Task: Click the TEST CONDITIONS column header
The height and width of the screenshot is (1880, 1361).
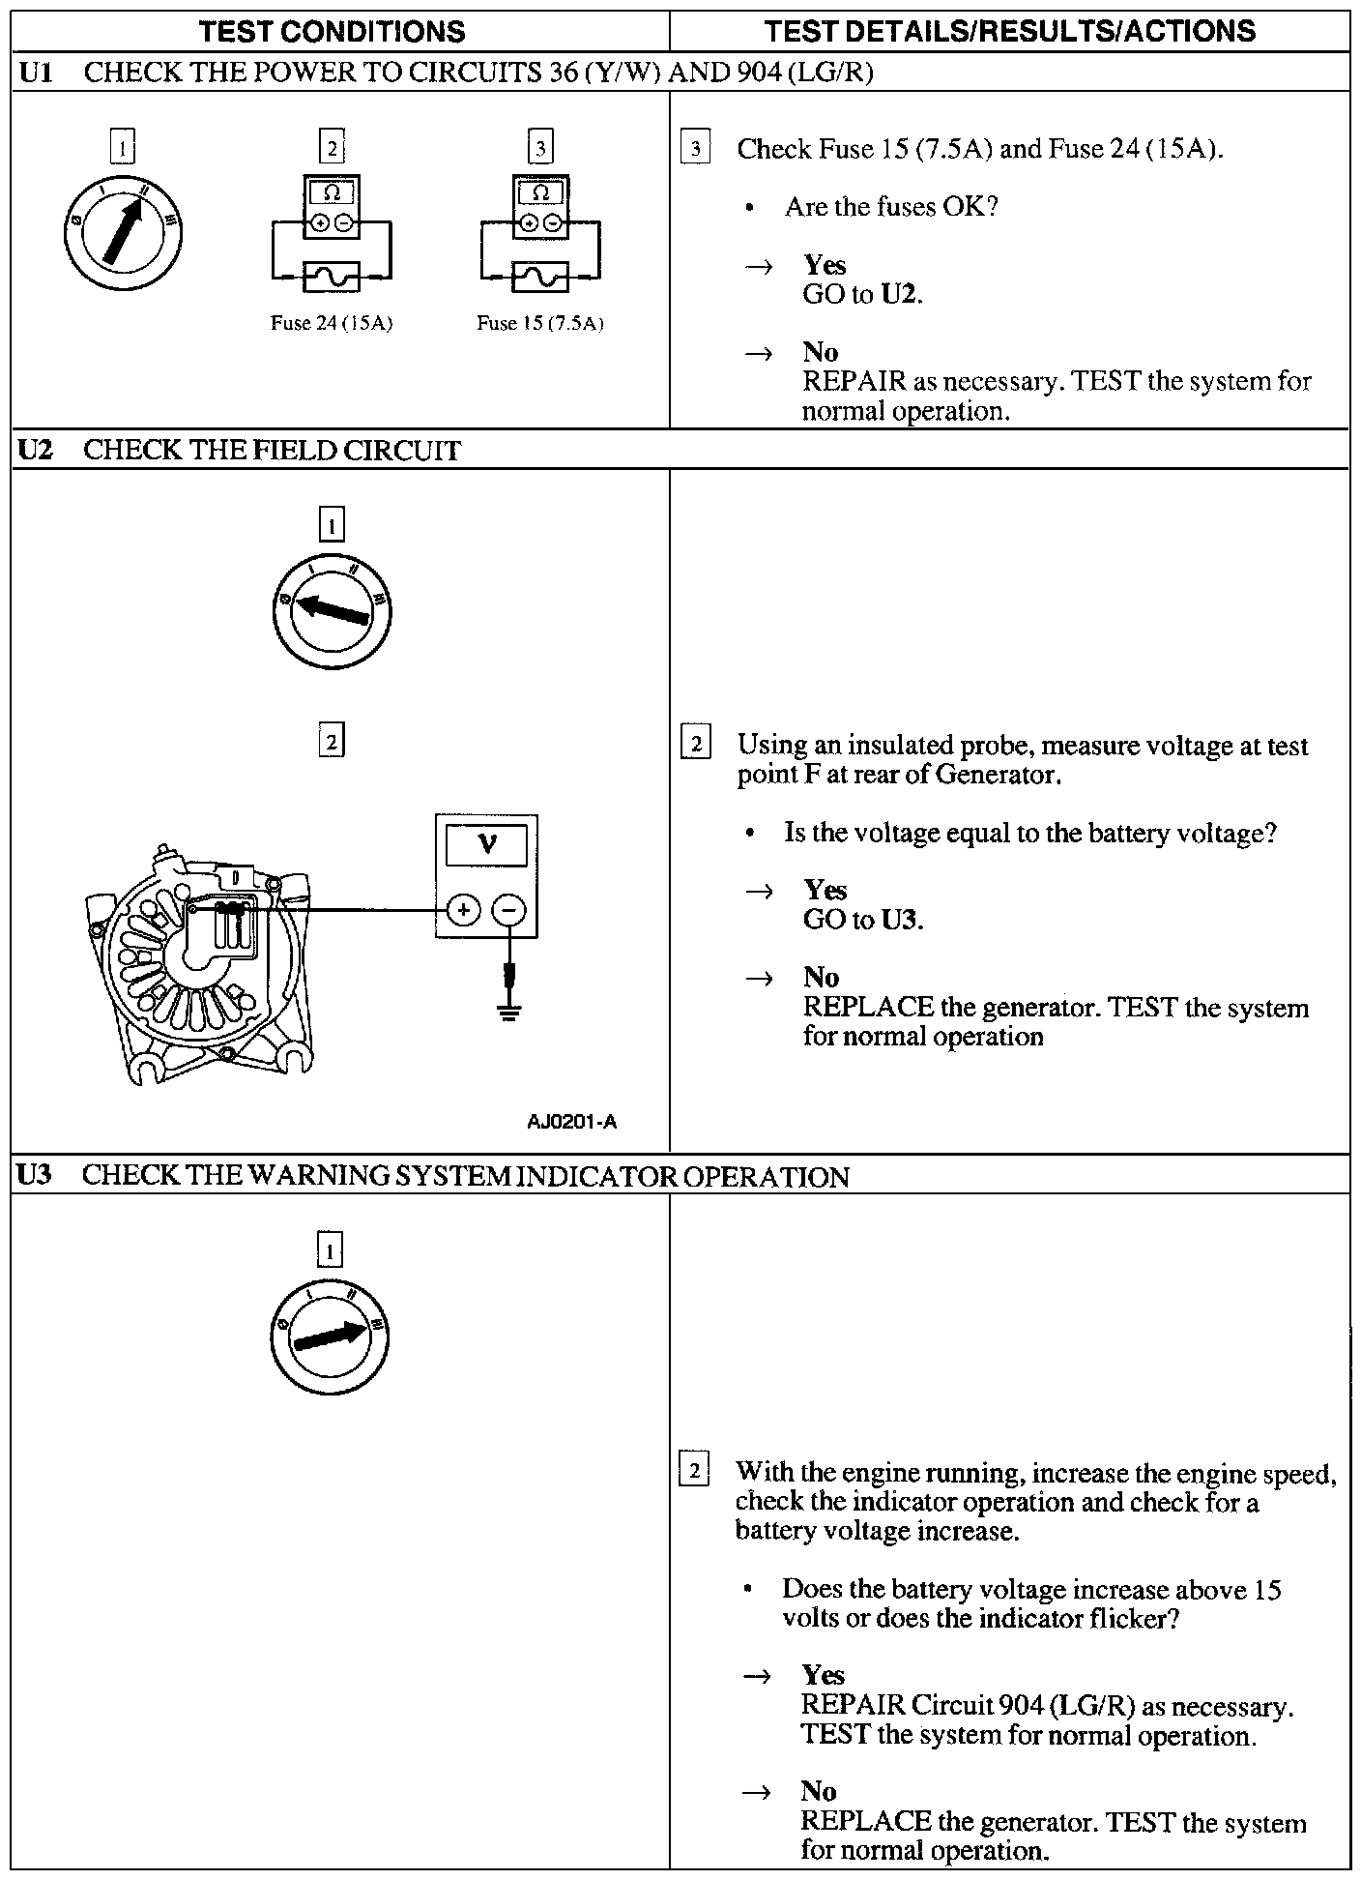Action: pos(332,31)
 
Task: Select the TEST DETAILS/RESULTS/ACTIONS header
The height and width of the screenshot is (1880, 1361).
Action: pos(1009,31)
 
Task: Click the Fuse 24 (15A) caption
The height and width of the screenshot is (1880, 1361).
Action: pos(331,323)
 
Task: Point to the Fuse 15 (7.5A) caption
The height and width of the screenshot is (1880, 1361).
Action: pos(539,323)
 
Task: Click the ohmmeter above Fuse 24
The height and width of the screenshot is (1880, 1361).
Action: pos(332,207)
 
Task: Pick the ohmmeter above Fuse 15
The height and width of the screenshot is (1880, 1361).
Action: pos(541,207)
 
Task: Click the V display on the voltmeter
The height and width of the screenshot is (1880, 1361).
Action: pos(486,845)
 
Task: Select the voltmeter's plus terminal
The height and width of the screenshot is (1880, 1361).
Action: pos(464,910)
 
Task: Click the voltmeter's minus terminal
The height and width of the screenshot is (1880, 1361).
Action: pos(509,910)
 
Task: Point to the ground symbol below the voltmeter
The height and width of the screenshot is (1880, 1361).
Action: pos(509,1012)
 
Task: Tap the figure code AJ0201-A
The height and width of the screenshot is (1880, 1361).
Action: pos(571,1122)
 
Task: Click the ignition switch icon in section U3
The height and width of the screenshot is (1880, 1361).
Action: pos(330,1337)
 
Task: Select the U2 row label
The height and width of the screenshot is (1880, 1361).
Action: pos(35,450)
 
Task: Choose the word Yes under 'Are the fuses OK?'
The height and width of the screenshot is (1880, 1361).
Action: pos(825,265)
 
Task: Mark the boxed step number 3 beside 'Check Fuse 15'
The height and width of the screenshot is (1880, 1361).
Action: pos(695,149)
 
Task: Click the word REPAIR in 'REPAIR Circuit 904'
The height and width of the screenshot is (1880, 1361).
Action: pos(853,1707)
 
